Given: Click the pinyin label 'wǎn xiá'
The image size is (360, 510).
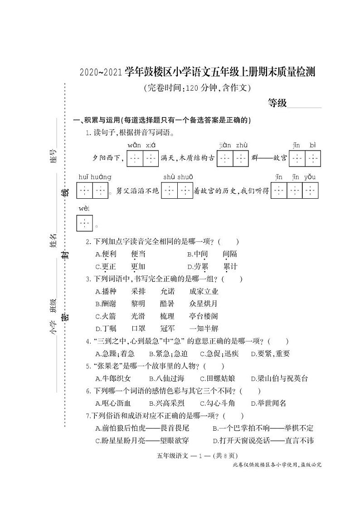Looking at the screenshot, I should coord(141,145).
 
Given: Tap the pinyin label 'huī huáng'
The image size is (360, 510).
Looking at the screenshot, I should coord(94,177).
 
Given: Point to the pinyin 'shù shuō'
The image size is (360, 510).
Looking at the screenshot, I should coord(178,177).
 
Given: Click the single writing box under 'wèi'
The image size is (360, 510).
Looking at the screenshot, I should coord(84,223).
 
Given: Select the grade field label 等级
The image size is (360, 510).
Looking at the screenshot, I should coord(277,103).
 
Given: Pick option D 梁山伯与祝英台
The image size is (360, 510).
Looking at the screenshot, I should coord(279,378).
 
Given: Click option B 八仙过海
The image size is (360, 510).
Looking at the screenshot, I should coord(166,378).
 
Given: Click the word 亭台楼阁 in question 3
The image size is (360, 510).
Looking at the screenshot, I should coord(204,316).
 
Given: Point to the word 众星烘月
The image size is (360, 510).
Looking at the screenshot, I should coord(204,304).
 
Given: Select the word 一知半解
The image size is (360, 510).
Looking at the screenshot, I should coord(204,329).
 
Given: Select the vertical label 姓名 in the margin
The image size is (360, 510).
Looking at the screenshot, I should coord(53,241).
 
